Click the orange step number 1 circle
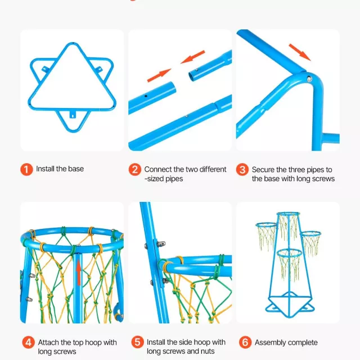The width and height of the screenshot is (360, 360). [x=26, y=169]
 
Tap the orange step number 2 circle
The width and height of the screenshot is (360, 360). [x=135, y=169]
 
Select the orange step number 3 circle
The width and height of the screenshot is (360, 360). [x=242, y=169]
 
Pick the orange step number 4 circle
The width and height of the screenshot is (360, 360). [x=29, y=342]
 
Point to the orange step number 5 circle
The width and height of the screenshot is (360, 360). [x=137, y=342]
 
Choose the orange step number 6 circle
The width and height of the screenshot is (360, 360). [x=245, y=342]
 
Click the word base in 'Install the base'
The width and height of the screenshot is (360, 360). [x=76, y=169]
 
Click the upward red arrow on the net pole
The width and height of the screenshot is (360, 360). [x=79, y=272]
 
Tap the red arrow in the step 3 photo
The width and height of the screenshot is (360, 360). [x=300, y=52]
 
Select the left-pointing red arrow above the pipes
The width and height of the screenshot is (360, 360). [x=192, y=57]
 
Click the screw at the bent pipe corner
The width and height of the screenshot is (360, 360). [x=309, y=79]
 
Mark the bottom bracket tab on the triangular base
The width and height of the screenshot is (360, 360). [x=73, y=115]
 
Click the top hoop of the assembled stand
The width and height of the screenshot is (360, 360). [x=289, y=214]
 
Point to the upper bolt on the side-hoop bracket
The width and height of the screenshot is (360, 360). [x=161, y=243]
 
